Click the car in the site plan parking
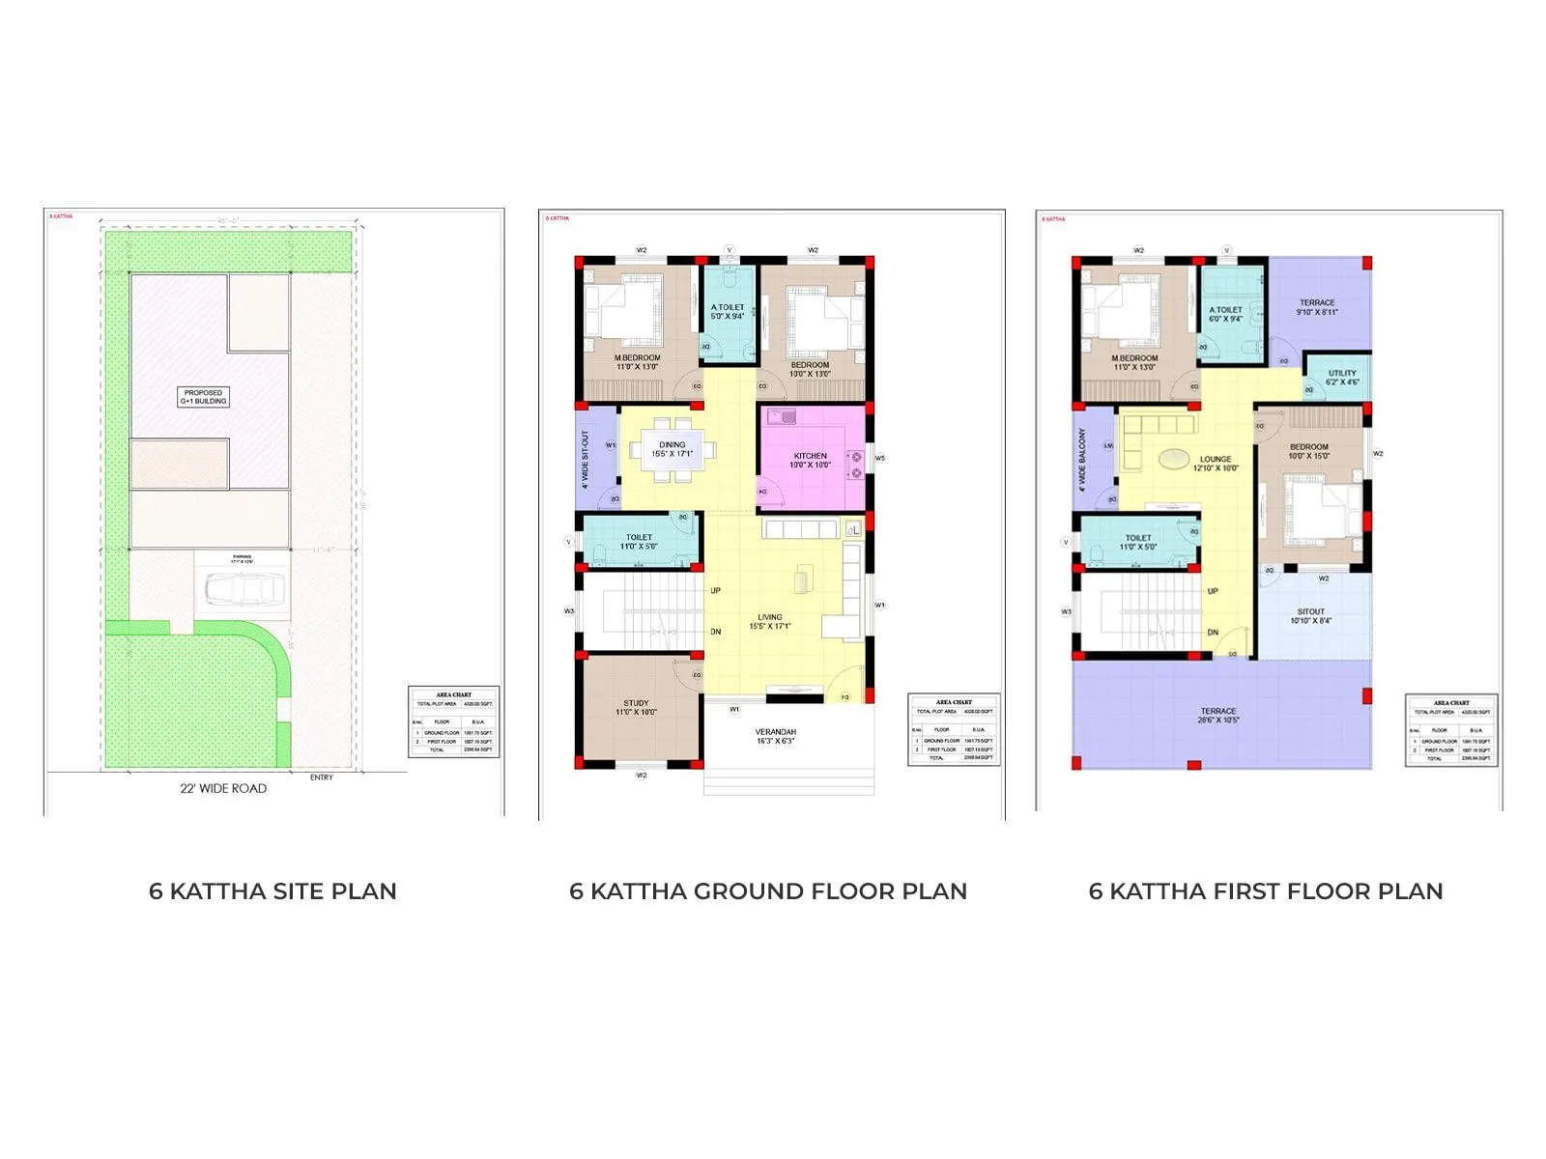tap(243, 588)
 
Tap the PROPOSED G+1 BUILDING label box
tap(204, 397)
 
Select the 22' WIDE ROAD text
tap(223, 788)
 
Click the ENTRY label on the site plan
tap(322, 777)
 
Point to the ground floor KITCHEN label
tap(811, 460)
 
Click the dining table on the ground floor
tap(673, 449)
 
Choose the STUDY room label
tap(636, 708)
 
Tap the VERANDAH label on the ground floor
tap(775, 736)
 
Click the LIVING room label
tap(770, 621)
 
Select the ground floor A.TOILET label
tap(728, 311)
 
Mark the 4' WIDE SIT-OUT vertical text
tap(586, 459)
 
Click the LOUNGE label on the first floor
tap(1216, 464)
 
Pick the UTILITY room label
tap(1342, 378)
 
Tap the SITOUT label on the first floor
tap(1311, 616)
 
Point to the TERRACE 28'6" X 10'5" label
tap(1218, 715)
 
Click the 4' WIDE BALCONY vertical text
tap(1082, 460)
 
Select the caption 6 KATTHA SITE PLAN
tap(272, 891)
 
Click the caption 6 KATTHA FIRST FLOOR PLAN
tap(1266, 891)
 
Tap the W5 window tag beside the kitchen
tap(880, 458)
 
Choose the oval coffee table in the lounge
tap(1174, 459)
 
